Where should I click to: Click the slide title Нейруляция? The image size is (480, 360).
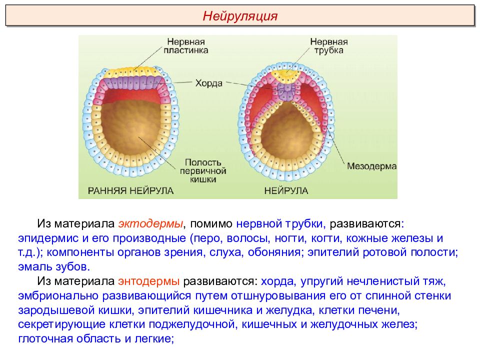coord(240,15)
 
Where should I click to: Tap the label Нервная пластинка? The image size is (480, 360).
coord(186,46)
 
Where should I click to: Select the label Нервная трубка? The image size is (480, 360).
coord(329,46)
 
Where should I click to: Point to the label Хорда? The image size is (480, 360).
coord(209,83)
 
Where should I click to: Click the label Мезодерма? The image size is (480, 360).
coord(371,166)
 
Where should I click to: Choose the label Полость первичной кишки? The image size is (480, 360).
coord(202,171)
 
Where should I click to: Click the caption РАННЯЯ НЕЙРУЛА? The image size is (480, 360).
coord(130,190)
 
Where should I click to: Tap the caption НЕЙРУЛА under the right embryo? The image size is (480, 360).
coord(286,190)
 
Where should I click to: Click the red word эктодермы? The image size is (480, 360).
coord(150,224)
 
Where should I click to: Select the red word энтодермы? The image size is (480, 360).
coord(149,281)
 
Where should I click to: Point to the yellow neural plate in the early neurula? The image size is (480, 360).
coord(134,72)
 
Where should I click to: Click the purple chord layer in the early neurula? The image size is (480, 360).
coord(134,82)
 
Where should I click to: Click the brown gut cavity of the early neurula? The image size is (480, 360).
coord(131,128)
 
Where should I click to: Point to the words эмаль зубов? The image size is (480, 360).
coord(54,266)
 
